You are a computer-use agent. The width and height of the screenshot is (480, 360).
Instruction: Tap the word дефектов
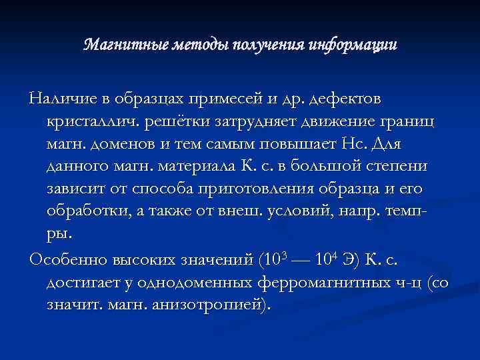(347, 100)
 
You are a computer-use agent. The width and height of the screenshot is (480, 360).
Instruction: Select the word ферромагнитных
(317, 282)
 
